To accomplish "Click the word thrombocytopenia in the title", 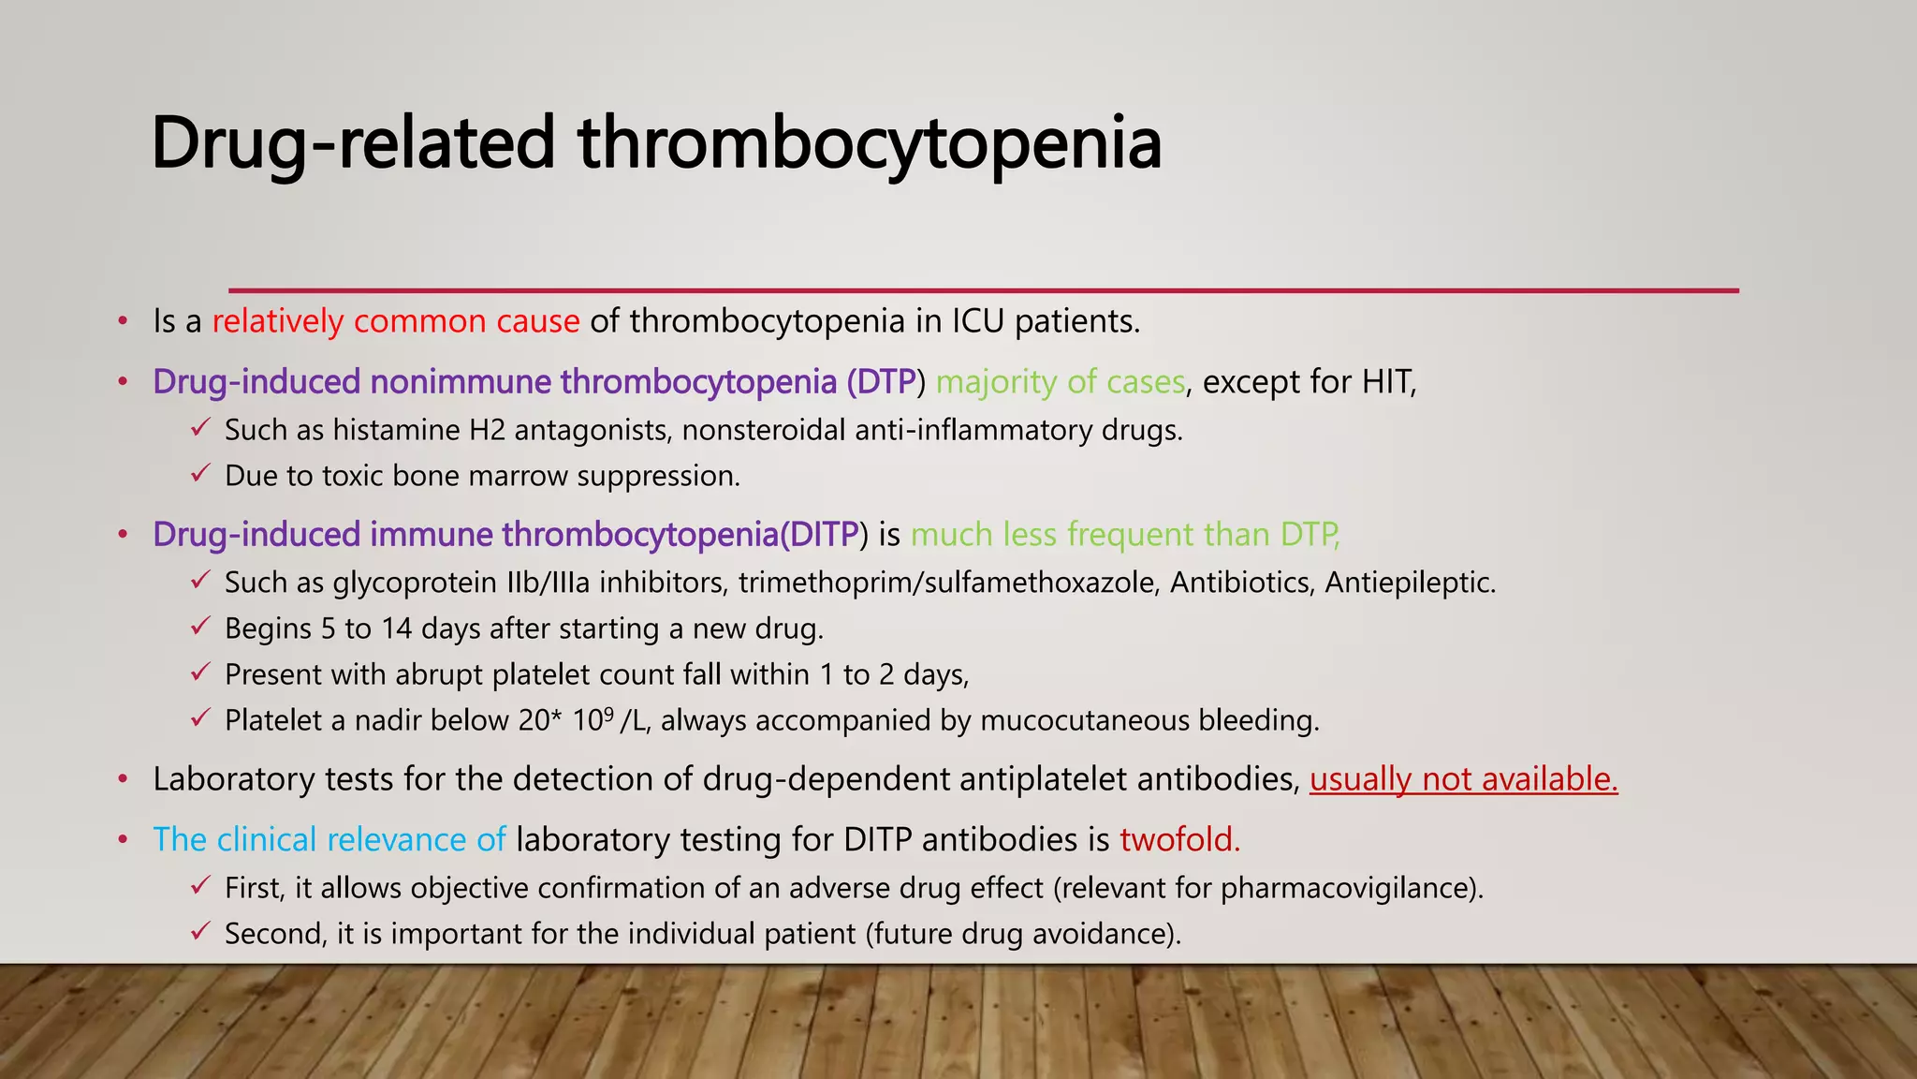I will (x=870, y=145).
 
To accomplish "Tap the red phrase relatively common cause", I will (x=396, y=321).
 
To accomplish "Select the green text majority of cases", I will (x=1061, y=382).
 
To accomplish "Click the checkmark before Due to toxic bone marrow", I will (x=199, y=475).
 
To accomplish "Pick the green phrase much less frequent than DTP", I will (x=1125, y=535).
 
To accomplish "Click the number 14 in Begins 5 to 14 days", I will (x=396, y=628).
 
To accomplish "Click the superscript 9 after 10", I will (x=608, y=713).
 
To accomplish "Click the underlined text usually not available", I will (x=1463, y=779).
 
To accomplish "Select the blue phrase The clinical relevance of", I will (x=329, y=839).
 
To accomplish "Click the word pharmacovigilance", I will (x=1348, y=888).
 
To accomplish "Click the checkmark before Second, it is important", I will (x=199, y=933).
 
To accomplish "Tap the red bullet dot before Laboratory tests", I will (x=123, y=779).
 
